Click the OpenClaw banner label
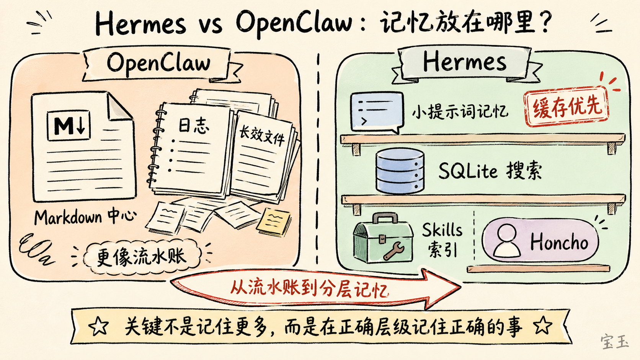click(158, 63)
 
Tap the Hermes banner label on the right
click(464, 62)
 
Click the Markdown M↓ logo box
click(69, 125)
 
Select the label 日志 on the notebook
click(194, 125)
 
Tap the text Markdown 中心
click(85, 217)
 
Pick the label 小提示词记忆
click(460, 112)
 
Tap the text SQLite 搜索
click(490, 171)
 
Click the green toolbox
click(383, 239)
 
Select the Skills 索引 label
click(442, 239)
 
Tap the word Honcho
click(559, 242)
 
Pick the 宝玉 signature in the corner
click(614, 341)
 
